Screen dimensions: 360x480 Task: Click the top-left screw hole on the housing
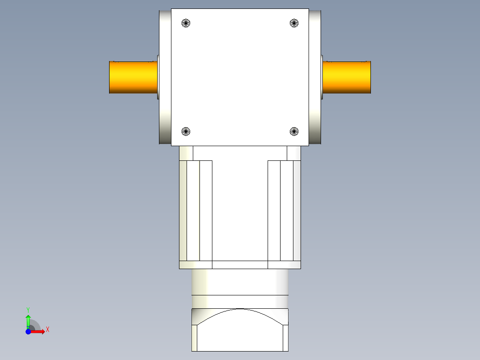186,23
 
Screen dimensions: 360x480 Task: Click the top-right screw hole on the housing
294,23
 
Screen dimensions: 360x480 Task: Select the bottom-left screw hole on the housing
186,131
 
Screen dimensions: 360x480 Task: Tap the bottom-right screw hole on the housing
294,131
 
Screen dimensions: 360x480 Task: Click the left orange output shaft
133,77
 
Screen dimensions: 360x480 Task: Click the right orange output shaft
346,77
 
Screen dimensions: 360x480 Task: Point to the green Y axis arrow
28,320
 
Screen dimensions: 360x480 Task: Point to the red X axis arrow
38,331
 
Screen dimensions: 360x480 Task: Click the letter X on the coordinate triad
48,330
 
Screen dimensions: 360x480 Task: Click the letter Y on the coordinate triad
28,309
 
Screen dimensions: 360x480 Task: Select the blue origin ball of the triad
28,331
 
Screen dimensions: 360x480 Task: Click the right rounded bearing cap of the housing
315,77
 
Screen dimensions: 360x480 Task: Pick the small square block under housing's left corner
186,153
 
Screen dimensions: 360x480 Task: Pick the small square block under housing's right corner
294,153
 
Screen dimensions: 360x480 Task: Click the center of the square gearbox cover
240,77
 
